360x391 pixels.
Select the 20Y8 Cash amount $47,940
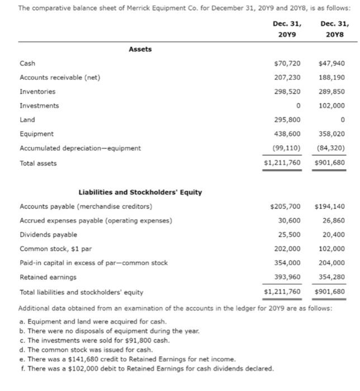coord(331,64)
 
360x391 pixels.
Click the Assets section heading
coord(140,49)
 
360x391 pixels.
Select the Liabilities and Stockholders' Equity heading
coord(140,193)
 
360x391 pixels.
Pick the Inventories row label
coord(37,92)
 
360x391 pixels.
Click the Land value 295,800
coord(289,120)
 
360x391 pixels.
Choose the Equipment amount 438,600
coord(289,134)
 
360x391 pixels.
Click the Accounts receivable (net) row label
coord(60,78)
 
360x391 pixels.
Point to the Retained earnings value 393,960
coord(289,277)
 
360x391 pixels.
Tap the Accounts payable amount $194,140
coord(330,207)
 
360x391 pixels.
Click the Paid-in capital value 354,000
coord(289,263)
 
